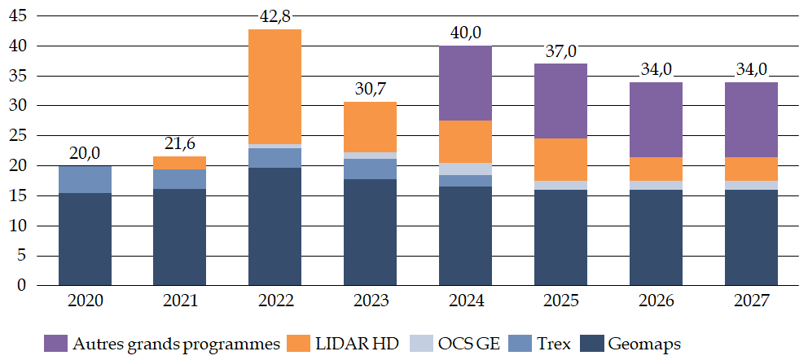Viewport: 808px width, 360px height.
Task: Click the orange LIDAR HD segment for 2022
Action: pyautogui.click(x=274, y=87)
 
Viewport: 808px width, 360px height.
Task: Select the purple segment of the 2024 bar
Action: pyautogui.click(x=465, y=83)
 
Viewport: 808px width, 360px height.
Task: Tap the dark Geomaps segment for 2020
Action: pyautogui.click(x=85, y=239)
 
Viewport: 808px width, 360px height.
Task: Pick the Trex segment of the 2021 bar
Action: pyautogui.click(x=180, y=179)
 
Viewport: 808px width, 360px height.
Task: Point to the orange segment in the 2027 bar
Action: pyautogui.click(x=751, y=169)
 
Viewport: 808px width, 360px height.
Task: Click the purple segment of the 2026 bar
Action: pyautogui.click(x=656, y=120)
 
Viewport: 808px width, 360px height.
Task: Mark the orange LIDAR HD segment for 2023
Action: pyautogui.click(x=370, y=127)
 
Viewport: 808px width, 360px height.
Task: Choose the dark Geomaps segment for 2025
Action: pyautogui.click(x=560, y=237)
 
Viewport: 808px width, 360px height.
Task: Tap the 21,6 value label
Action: pyautogui.click(x=180, y=145)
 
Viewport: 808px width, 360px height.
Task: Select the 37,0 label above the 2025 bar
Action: pyautogui.click(x=560, y=52)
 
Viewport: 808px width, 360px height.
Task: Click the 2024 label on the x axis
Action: pyautogui.click(x=465, y=301)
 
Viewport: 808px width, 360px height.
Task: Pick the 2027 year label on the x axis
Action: pyautogui.click(x=751, y=301)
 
